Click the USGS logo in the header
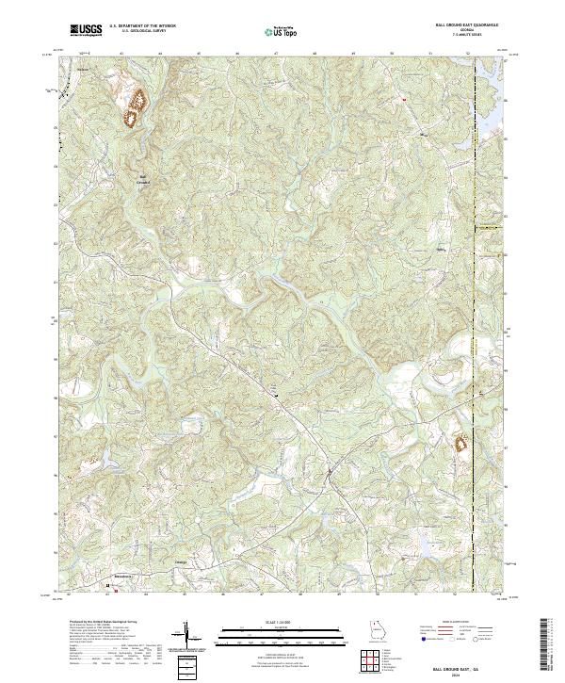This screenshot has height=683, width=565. (x=87, y=30)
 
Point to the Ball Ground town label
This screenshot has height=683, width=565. (x=144, y=179)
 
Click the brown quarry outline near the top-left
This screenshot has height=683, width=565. (x=135, y=106)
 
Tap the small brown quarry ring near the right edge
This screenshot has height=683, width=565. (x=461, y=442)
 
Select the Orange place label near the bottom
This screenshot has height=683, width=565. (x=182, y=562)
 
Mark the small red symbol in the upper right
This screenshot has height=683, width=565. (x=403, y=98)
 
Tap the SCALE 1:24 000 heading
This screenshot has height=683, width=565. (x=270, y=623)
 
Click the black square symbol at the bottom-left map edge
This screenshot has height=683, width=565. (x=106, y=584)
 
